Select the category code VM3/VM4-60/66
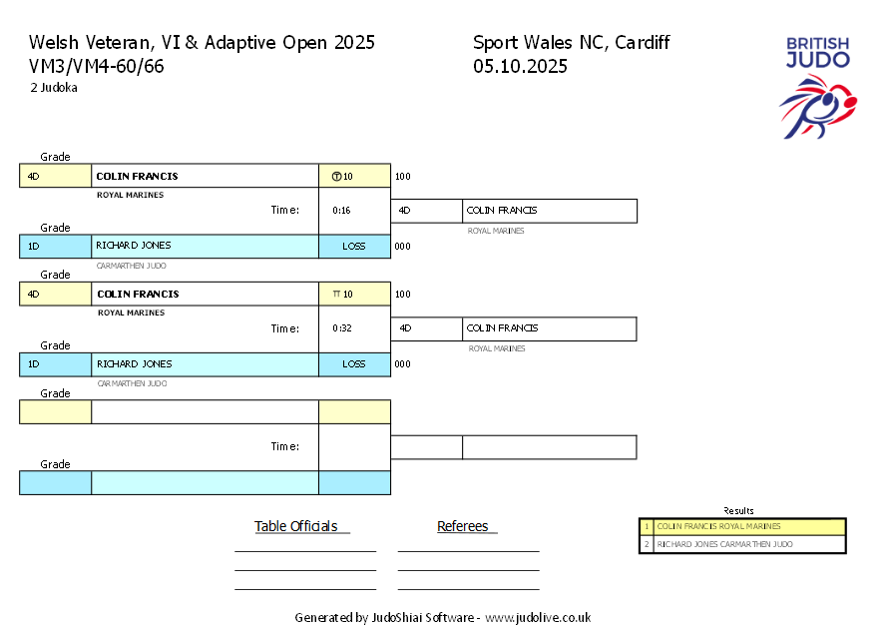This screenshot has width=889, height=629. pyautogui.click(x=97, y=67)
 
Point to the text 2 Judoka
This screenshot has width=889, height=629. pyautogui.click(x=54, y=87)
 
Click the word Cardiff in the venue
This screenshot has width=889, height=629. pyautogui.click(x=643, y=42)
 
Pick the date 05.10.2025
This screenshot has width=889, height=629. pyautogui.click(x=520, y=67)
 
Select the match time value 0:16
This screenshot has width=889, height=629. pyautogui.click(x=341, y=211)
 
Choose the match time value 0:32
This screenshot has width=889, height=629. pyautogui.click(x=341, y=328)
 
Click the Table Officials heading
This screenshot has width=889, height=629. pyautogui.click(x=296, y=526)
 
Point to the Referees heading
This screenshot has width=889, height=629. pyautogui.click(x=463, y=526)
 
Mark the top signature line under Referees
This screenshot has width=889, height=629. pyautogui.click(x=468, y=551)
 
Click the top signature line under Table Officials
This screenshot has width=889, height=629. pyautogui.click(x=304, y=551)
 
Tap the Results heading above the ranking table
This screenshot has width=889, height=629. pyautogui.click(x=738, y=511)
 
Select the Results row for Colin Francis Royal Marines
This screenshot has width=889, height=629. pyautogui.click(x=742, y=526)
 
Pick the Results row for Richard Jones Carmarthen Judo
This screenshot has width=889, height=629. pyautogui.click(x=742, y=544)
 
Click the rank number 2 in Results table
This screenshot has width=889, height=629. pyautogui.click(x=646, y=544)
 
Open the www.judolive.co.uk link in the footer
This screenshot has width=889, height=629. pyautogui.click(x=538, y=618)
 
